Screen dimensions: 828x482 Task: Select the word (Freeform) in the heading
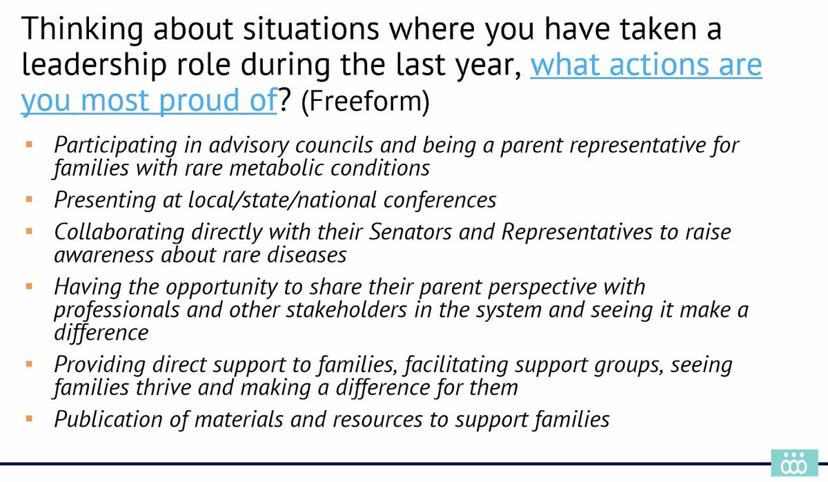pos(365,101)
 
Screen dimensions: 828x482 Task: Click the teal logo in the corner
pos(794,463)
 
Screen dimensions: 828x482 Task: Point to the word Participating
pos(115,146)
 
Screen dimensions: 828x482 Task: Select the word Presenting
pos(105,200)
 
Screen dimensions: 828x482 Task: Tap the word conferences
pos(440,200)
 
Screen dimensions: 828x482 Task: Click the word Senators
pos(411,232)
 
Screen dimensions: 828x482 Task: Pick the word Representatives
pos(577,233)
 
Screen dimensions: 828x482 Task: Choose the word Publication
pos(108,419)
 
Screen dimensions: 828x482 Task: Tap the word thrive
pos(163,387)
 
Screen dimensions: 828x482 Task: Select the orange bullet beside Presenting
pos(29,200)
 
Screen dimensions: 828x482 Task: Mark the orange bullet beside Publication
pos(29,418)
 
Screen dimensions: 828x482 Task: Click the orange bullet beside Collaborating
pos(29,231)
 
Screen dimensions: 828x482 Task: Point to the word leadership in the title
pos(94,65)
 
